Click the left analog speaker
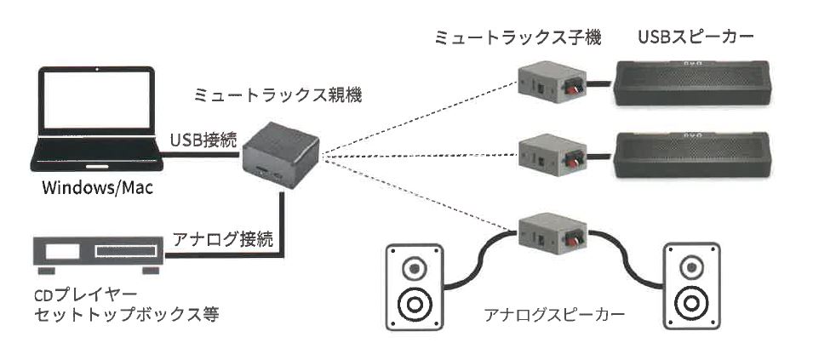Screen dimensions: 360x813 pyautogui.click(x=415, y=287)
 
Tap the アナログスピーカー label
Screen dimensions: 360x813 pyautogui.click(x=554, y=314)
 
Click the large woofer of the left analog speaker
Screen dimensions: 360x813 pyautogui.click(x=415, y=304)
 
